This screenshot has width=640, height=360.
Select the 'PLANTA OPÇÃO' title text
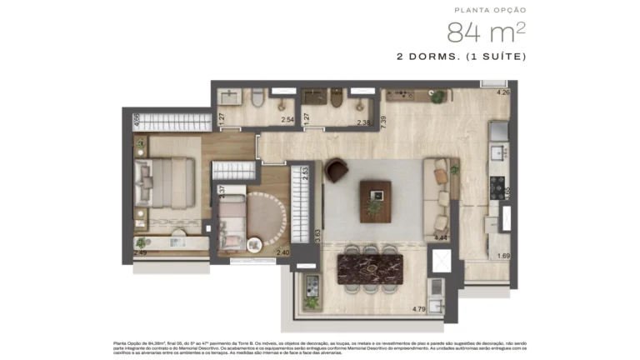(491, 11)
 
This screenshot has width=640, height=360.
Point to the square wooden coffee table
(376, 201)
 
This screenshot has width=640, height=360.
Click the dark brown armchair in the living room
(337, 169)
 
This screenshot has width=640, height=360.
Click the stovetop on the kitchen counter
(497, 185)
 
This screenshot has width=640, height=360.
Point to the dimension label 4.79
(419, 311)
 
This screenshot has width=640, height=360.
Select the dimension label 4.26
(502, 92)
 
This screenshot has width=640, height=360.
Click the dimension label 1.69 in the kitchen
(502, 257)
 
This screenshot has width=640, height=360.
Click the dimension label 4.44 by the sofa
(441, 238)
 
